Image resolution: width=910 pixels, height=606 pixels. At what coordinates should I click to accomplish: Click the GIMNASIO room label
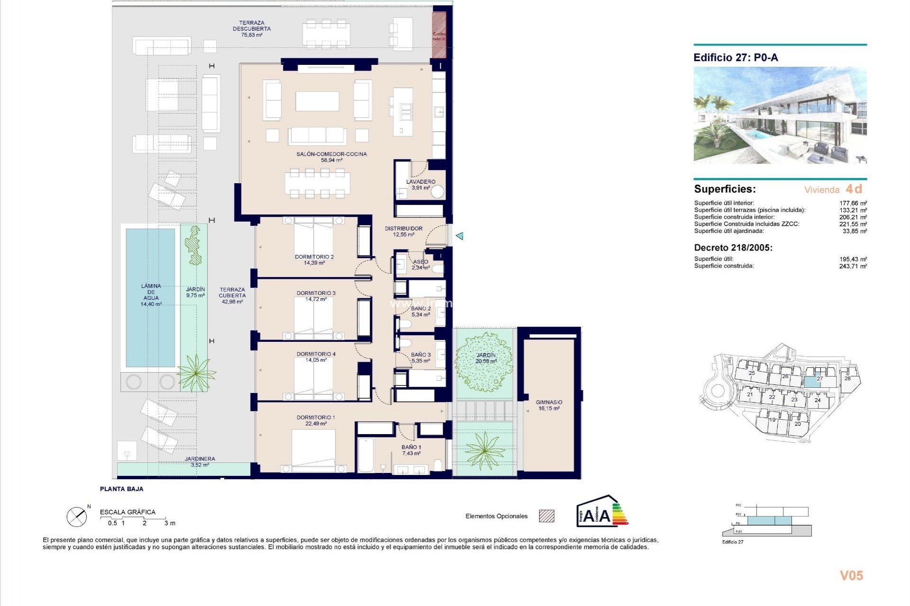point(549,405)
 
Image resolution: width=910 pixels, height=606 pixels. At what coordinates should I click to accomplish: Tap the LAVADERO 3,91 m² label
point(420,185)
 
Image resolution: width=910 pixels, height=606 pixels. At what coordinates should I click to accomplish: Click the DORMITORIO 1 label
point(316,420)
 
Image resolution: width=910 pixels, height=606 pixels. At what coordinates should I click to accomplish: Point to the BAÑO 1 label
point(411,450)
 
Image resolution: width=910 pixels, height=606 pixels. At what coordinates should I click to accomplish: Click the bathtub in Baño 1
point(365,455)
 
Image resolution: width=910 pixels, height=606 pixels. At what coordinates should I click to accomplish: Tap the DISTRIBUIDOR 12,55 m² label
point(403,231)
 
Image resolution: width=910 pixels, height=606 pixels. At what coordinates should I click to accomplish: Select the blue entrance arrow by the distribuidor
point(459,236)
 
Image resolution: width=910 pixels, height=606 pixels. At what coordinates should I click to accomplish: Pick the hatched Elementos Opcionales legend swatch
point(546,516)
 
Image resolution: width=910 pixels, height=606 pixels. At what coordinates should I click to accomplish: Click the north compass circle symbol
point(77,517)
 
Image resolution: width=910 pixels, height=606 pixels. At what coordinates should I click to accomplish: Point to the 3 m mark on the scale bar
point(169,523)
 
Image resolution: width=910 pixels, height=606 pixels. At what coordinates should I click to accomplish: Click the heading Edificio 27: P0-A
point(736,58)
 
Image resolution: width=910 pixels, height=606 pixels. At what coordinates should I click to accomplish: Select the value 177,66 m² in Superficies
point(853,203)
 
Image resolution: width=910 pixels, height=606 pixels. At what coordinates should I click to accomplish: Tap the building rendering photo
point(780,116)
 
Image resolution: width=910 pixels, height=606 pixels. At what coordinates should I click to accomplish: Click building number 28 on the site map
point(847,378)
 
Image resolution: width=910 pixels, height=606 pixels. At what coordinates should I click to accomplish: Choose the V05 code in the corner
point(851,576)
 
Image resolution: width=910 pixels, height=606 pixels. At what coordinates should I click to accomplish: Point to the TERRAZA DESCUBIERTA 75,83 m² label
point(252,28)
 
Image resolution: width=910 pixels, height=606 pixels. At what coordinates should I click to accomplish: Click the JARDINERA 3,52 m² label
point(200,462)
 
